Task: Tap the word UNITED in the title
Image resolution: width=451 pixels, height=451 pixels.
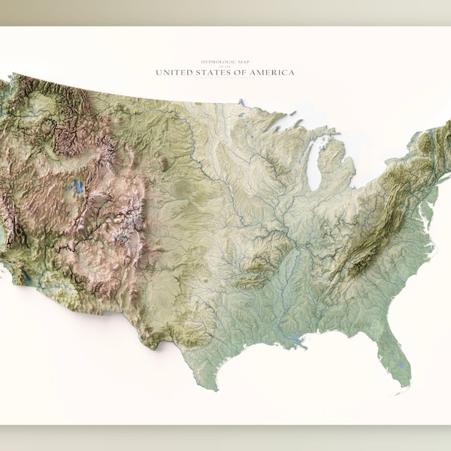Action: pos(174,73)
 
